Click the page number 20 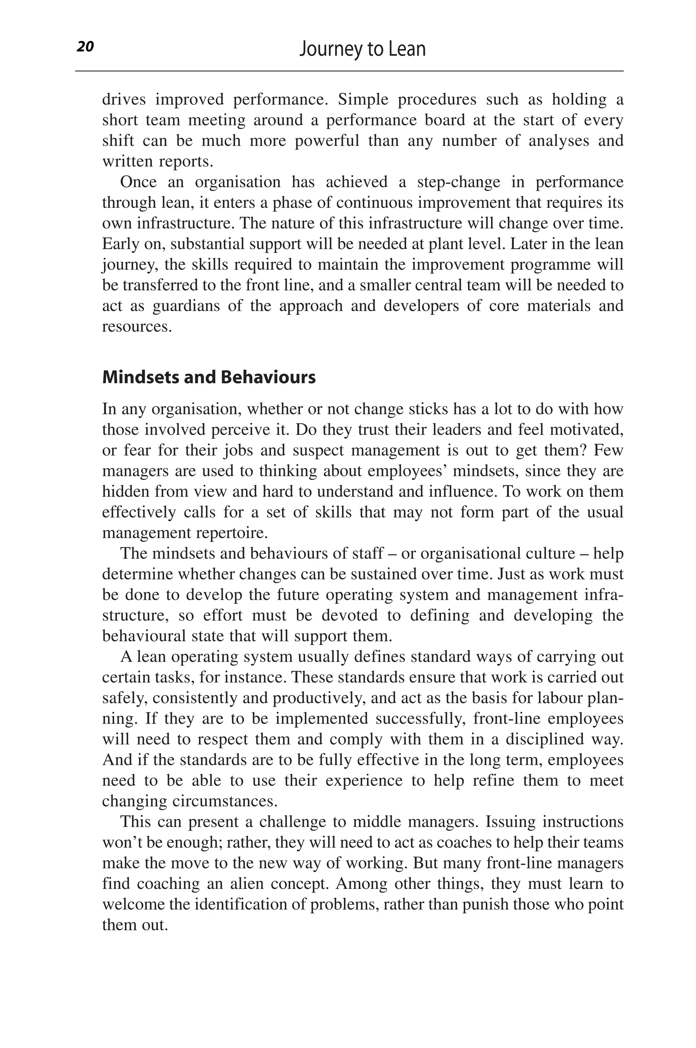[x=85, y=47]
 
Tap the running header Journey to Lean [x=362, y=49]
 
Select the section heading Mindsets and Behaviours [x=209, y=377]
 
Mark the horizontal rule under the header [x=349, y=71]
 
